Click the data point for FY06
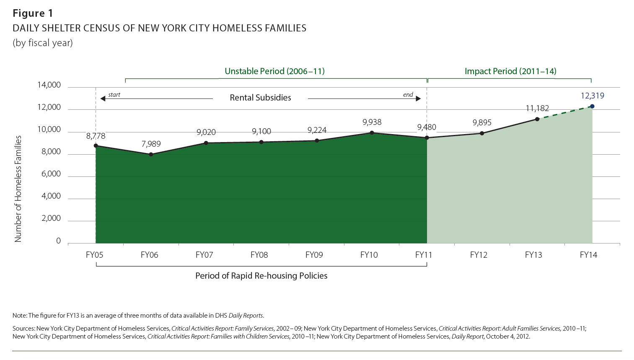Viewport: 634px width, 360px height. pyautogui.click(x=151, y=154)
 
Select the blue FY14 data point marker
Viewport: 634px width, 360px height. pyautogui.click(x=592, y=106)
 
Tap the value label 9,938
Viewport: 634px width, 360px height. pyautogui.click(x=372, y=122)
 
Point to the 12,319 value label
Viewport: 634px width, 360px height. pyautogui.click(x=592, y=96)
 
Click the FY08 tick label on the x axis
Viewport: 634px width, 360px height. pyautogui.click(x=259, y=255)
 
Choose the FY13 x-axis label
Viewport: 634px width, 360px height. pyautogui.click(x=533, y=255)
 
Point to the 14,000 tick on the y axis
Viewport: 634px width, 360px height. pyautogui.click(x=49, y=85)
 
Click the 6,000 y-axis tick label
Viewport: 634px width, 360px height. pyautogui.click(x=51, y=174)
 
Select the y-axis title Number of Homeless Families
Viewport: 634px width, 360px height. pyautogui.click(x=18, y=189)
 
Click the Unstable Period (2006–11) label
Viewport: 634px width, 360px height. pyautogui.click(x=274, y=71)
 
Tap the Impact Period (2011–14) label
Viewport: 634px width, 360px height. pyautogui.click(x=510, y=71)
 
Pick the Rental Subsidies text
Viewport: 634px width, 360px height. pyautogui.click(x=260, y=98)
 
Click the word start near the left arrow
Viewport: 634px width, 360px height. pyautogui.click(x=114, y=95)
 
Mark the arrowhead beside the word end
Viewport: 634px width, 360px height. pyautogui.click(x=418, y=99)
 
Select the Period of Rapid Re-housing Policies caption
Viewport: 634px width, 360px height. pyautogui.click(x=261, y=276)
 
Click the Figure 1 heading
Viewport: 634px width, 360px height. pyautogui.click(x=33, y=13)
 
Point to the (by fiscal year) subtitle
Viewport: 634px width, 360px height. pyautogui.click(x=42, y=43)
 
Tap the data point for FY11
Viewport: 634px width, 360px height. pyautogui.click(x=427, y=138)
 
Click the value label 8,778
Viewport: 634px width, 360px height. pyautogui.click(x=96, y=136)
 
